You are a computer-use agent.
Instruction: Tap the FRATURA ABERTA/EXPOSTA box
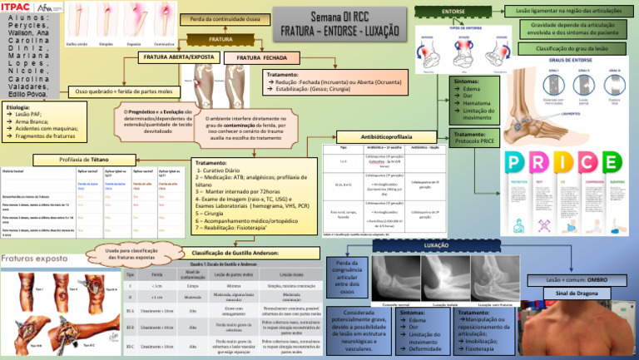[x=180, y=57]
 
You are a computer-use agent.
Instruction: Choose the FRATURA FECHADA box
[x=264, y=57]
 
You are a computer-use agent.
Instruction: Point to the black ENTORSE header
[x=453, y=10]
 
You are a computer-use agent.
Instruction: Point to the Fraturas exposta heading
[x=37, y=259]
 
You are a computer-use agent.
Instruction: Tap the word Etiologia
[x=19, y=108]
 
